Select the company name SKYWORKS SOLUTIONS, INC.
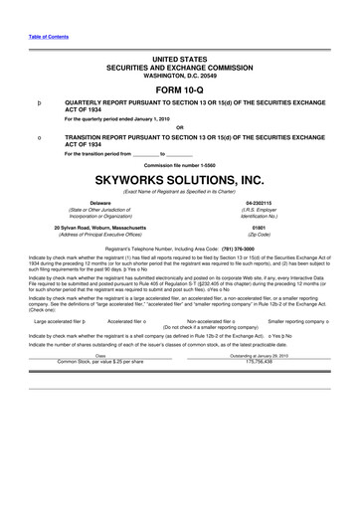[180, 180]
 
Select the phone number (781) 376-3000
[231, 246]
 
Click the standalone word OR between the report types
[180, 126]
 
